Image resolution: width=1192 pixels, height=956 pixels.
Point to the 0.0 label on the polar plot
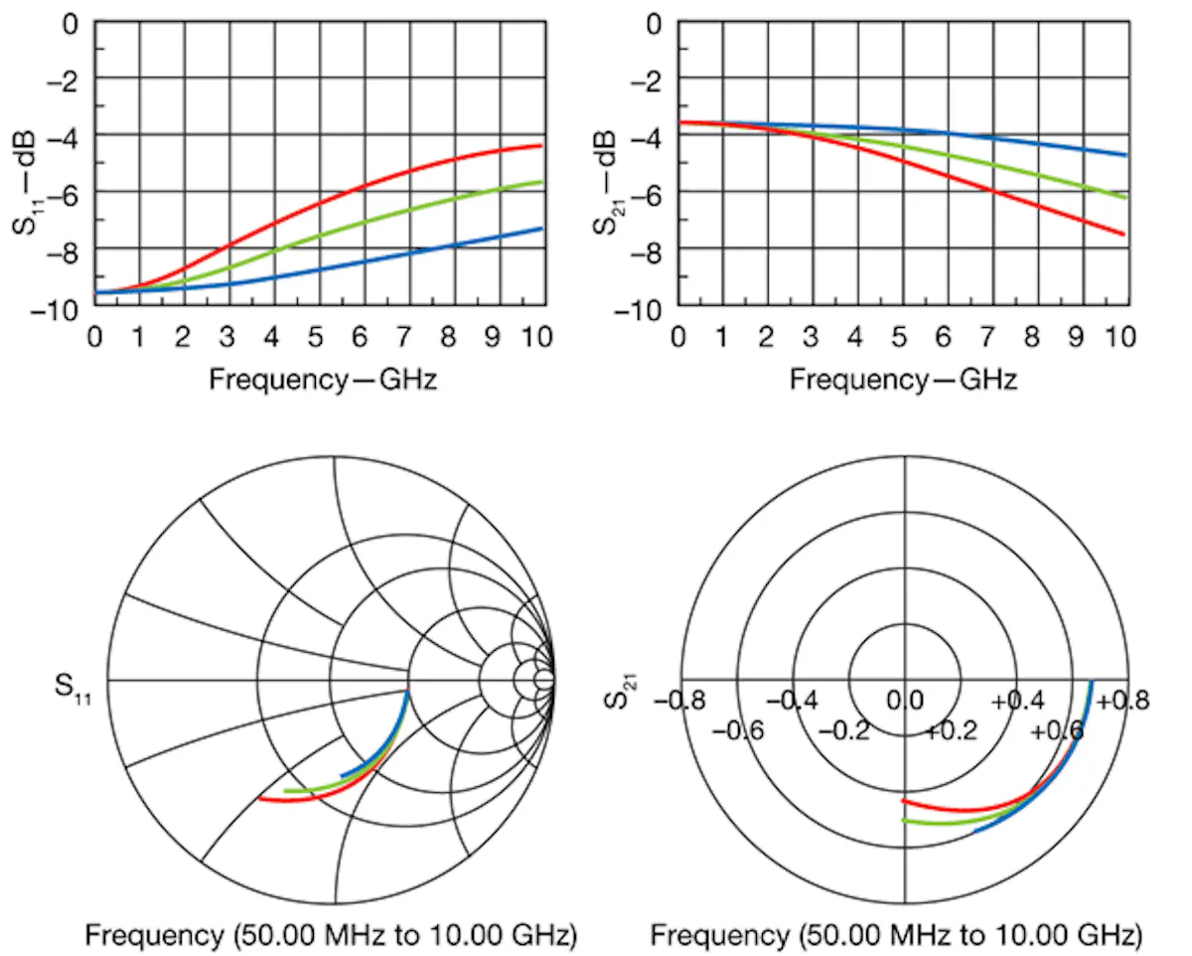(x=905, y=701)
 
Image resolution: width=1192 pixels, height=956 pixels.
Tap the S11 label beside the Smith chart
(x=75, y=687)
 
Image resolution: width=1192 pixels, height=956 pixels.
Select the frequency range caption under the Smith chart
(x=330, y=934)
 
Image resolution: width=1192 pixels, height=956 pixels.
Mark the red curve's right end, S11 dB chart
(x=540, y=146)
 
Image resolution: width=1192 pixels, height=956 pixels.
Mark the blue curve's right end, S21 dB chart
(x=1125, y=155)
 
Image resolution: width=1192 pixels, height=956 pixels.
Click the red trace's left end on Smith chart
(x=260, y=798)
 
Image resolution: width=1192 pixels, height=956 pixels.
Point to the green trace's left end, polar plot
(x=903, y=820)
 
